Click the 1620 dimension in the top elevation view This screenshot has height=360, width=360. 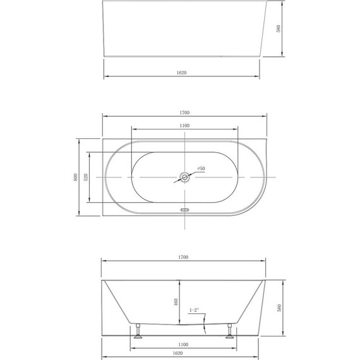point(182,73)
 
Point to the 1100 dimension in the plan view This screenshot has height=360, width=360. point(184,126)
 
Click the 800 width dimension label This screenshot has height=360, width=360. point(76,176)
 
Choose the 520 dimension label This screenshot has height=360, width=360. point(86,177)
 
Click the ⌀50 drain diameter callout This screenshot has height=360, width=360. point(200,169)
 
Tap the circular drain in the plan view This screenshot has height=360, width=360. point(184,177)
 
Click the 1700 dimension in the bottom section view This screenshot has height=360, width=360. point(184,257)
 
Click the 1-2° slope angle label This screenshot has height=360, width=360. point(195,310)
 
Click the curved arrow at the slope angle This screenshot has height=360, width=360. point(203,327)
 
